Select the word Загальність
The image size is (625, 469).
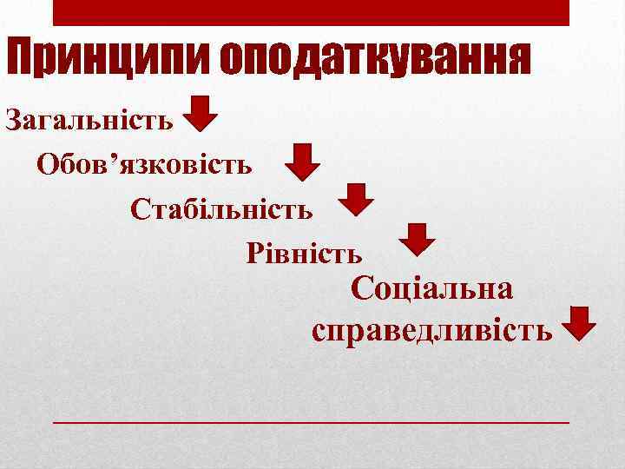tap(89, 119)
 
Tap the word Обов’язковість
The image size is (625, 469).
tap(145, 164)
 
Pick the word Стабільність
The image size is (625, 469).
tap(222, 209)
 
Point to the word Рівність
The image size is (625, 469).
tap(305, 254)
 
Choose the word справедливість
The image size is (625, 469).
tap(431, 330)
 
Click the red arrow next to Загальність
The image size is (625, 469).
tap(201, 114)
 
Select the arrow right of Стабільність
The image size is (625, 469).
tap(355, 199)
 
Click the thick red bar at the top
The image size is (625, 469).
tap(312, 12)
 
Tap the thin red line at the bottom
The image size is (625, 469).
tap(312, 421)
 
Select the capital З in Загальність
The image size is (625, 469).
tap(15, 119)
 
